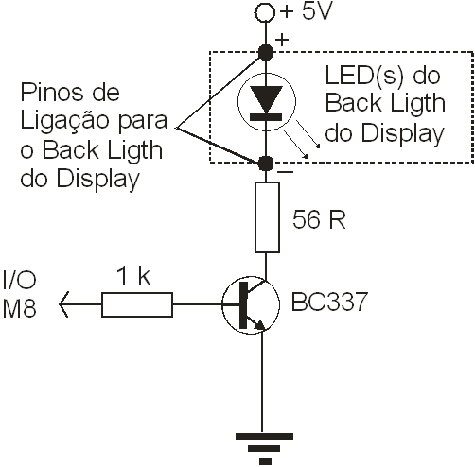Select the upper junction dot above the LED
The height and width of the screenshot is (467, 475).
(x=266, y=52)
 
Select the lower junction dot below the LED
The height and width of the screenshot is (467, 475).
(x=266, y=163)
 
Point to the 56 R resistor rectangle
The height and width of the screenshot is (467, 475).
(x=267, y=217)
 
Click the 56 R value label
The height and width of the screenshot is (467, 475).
(x=319, y=219)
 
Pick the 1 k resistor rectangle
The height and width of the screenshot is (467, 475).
(x=137, y=304)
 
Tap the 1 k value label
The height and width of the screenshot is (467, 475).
(x=133, y=276)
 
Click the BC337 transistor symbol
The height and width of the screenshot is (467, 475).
(x=251, y=304)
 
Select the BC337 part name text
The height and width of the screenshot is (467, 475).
(x=329, y=302)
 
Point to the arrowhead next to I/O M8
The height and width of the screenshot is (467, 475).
(x=63, y=304)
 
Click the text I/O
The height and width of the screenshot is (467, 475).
(x=19, y=280)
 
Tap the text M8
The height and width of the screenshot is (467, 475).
(x=19, y=307)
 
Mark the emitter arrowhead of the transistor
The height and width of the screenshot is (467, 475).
(x=260, y=325)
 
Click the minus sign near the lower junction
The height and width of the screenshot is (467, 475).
(x=285, y=172)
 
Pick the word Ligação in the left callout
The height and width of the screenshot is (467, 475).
(x=64, y=121)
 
